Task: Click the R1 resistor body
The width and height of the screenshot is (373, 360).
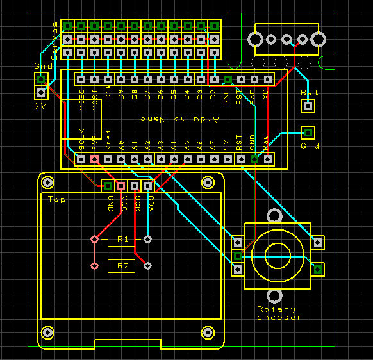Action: (x=122, y=240)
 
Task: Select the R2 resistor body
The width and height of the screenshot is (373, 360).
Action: (x=122, y=266)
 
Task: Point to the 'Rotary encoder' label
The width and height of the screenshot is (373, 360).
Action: (x=279, y=313)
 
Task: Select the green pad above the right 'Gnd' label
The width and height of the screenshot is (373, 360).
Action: (x=308, y=133)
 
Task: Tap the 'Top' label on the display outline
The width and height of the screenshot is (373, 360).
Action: (x=57, y=199)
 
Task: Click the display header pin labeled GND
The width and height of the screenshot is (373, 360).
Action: (x=108, y=186)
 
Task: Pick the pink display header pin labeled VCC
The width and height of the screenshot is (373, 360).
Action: (x=121, y=186)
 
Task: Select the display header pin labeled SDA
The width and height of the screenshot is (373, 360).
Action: (x=148, y=186)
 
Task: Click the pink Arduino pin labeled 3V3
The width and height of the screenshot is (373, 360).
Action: (x=95, y=158)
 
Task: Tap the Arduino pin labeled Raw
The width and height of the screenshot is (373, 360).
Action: (x=268, y=158)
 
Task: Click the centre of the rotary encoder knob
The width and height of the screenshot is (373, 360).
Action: (x=278, y=252)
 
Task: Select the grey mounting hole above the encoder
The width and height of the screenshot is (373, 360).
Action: (x=276, y=216)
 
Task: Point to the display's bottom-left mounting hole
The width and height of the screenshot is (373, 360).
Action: (x=47, y=332)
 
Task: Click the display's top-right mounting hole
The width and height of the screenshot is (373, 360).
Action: (x=208, y=183)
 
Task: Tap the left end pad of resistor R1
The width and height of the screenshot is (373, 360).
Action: (x=95, y=240)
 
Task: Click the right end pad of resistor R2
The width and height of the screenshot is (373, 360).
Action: (x=148, y=266)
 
